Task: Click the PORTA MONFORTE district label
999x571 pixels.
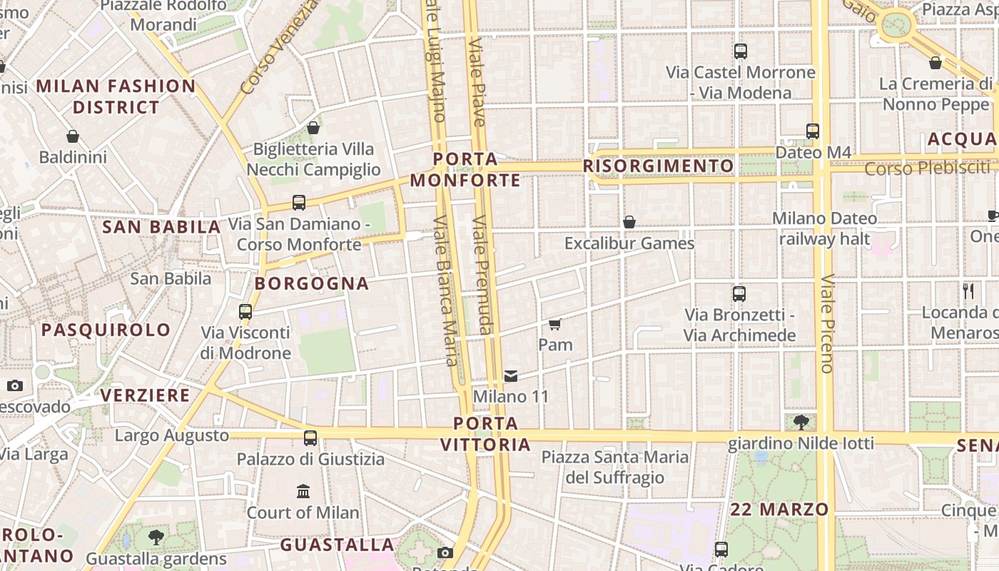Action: coord(465,169)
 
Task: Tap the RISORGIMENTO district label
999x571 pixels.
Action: coord(658,166)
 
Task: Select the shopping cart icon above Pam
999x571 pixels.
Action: coord(555,325)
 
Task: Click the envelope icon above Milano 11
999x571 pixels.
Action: coord(511,376)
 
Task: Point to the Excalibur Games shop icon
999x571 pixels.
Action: coord(629,223)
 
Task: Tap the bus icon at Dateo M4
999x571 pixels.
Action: coord(812,131)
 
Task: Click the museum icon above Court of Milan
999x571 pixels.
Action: coord(303,492)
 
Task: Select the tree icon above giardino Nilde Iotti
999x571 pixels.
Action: coord(801,423)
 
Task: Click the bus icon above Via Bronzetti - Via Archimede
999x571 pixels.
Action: coord(739,294)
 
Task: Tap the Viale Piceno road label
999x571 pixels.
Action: coord(827,323)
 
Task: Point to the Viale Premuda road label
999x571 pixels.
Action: coord(483,275)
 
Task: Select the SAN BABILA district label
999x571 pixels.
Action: coord(161,227)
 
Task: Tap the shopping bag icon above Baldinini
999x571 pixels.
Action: coord(72,136)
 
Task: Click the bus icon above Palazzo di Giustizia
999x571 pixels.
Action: coord(310,438)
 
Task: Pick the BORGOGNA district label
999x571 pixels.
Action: coord(312,283)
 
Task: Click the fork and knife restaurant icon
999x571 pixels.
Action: coord(968,291)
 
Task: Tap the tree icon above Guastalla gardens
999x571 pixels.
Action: coord(156,537)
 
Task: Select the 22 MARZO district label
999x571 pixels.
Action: coord(779,510)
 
